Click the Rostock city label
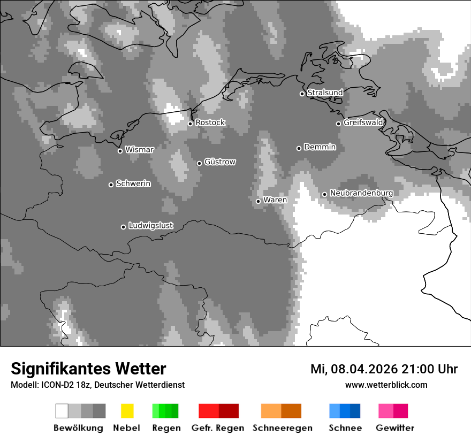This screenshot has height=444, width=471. [x=210, y=123]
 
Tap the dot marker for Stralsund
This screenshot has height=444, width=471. [x=302, y=94]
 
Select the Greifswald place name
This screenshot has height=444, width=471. [x=363, y=123]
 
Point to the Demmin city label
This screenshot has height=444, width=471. [x=320, y=147]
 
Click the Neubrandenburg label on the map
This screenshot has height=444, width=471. [x=361, y=193]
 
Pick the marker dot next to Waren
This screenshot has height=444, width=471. [x=258, y=201]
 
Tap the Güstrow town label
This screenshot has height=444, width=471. [x=220, y=162]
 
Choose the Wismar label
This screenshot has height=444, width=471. [x=139, y=150]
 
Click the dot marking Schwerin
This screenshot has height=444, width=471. [x=111, y=185]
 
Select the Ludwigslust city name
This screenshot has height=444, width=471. [x=150, y=226]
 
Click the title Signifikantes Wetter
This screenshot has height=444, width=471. [x=88, y=369]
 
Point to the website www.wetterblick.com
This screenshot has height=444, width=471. [x=386, y=385]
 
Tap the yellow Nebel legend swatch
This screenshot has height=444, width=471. [x=127, y=411]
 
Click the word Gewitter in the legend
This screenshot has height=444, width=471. [x=395, y=428]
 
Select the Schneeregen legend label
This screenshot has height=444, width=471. [x=283, y=428]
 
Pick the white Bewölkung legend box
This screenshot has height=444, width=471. [x=62, y=411]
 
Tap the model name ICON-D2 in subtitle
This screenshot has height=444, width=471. [x=55, y=385]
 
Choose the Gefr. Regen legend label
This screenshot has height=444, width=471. [x=218, y=428]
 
